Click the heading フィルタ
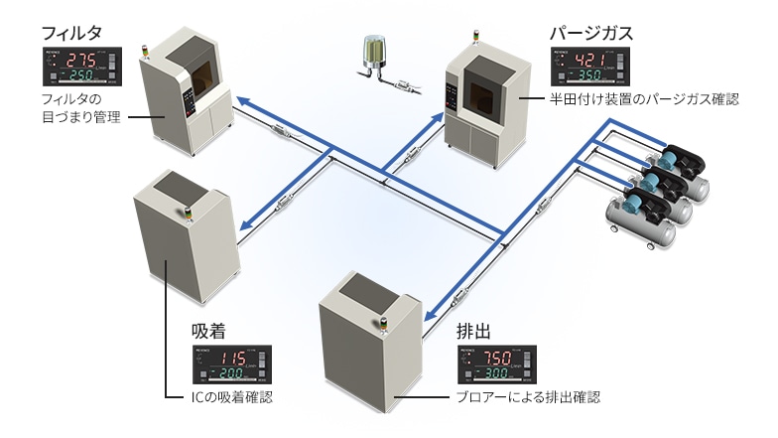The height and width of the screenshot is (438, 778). click(x=69, y=33)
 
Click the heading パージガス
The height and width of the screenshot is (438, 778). click(x=591, y=33)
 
